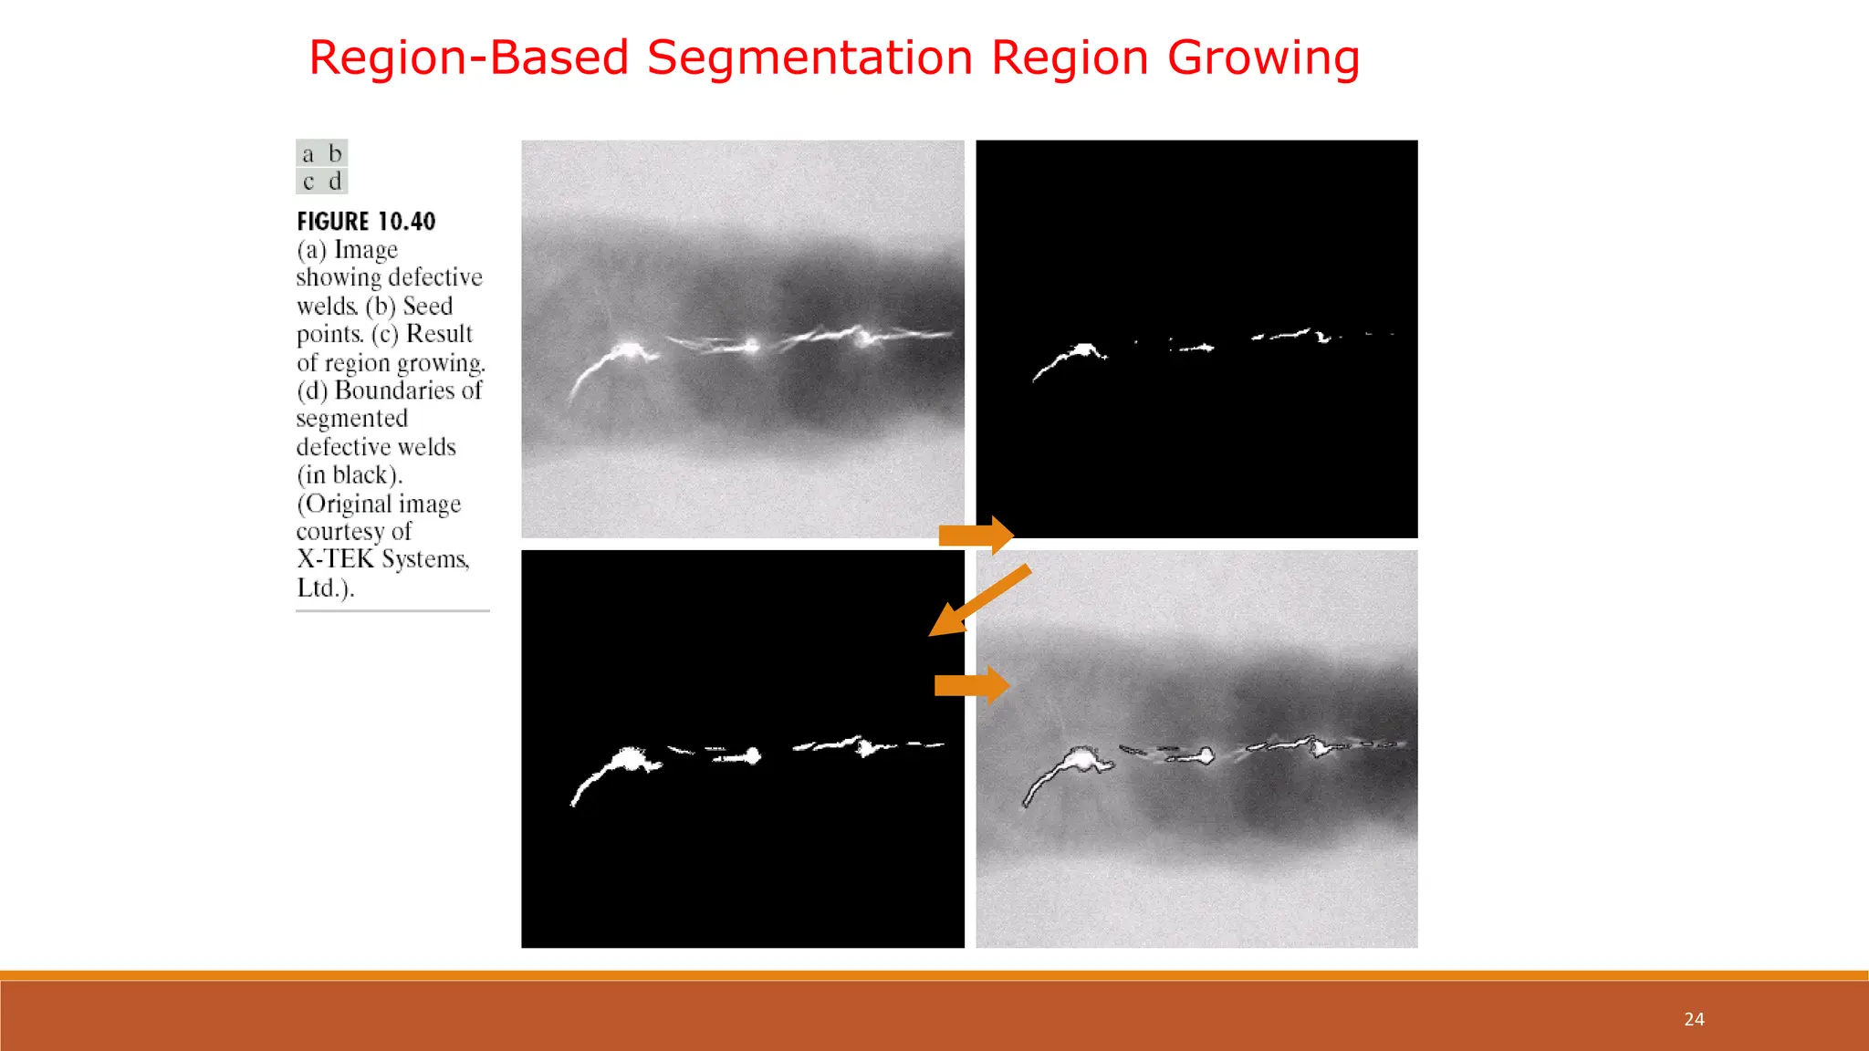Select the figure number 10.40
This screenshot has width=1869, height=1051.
click(x=406, y=222)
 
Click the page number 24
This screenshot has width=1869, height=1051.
click(x=1694, y=1019)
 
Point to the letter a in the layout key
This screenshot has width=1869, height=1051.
click(x=308, y=153)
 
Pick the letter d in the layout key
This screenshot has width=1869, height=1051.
click(x=335, y=182)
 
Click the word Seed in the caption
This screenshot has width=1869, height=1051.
click(x=427, y=306)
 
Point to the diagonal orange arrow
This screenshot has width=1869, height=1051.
click(x=980, y=598)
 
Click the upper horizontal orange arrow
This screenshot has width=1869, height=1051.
click(x=976, y=536)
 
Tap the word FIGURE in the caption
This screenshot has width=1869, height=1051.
click(x=333, y=222)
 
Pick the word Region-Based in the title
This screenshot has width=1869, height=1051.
click(x=469, y=58)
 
